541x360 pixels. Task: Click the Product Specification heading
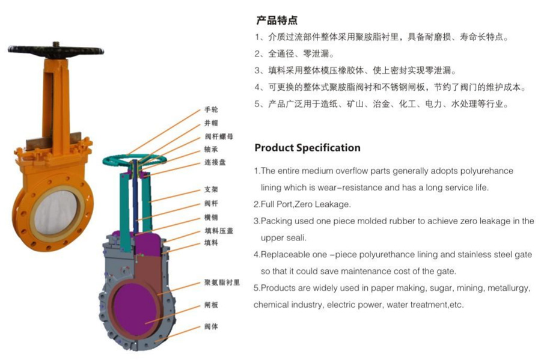click(307, 148)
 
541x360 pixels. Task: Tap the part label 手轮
click(211, 109)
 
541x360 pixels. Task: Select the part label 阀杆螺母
click(216, 136)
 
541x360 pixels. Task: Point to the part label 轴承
click(211, 150)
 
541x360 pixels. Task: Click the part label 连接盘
click(213, 163)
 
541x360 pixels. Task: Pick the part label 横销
click(211, 218)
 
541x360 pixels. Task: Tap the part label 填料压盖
click(216, 231)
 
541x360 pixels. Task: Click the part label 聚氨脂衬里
click(222, 282)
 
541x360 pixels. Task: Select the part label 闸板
click(211, 305)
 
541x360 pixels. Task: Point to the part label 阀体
click(211, 327)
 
